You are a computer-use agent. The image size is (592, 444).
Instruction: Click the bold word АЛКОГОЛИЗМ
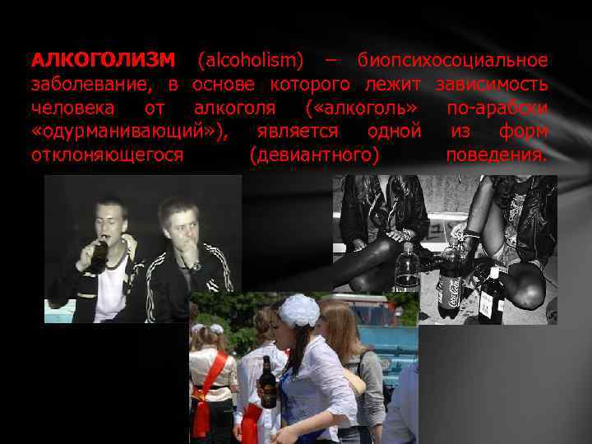[103, 60]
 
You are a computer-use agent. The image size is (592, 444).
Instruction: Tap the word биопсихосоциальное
[453, 60]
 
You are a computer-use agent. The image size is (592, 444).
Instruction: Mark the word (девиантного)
[313, 155]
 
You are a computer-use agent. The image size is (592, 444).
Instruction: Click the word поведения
[497, 155]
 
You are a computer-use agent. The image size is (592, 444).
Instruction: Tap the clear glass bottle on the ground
[406, 268]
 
